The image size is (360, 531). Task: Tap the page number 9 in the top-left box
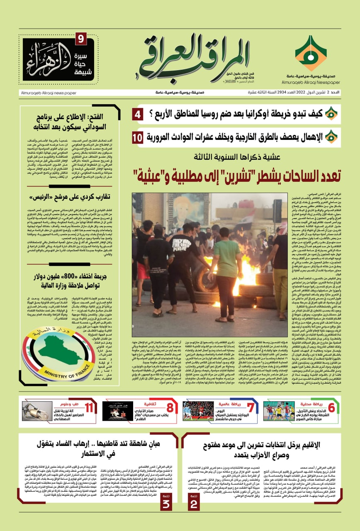click(80, 40)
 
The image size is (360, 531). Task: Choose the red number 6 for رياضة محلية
click(331, 408)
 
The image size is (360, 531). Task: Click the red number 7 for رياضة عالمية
click(250, 408)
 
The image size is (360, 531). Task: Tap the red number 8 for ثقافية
click(170, 408)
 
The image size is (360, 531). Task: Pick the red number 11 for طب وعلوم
click(89, 408)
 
